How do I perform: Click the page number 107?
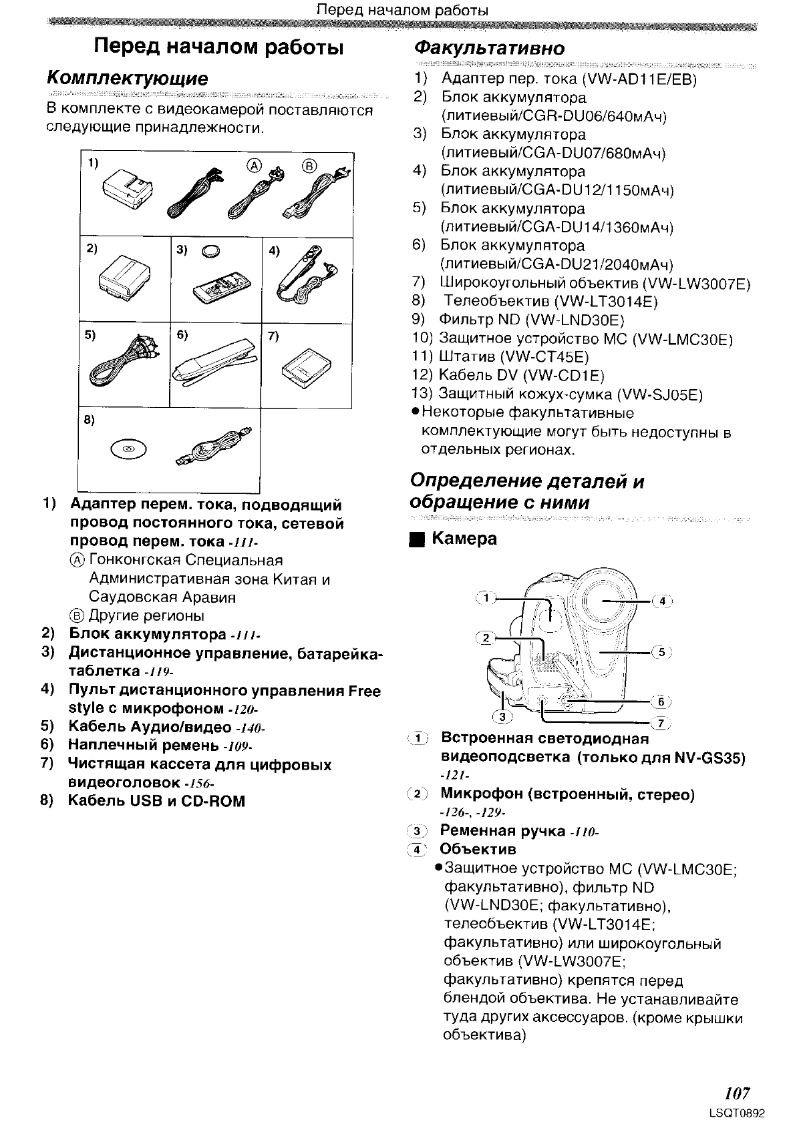(x=737, y=1093)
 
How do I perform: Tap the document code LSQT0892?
(x=738, y=1113)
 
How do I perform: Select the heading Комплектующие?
(x=128, y=79)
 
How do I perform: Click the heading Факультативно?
(x=489, y=49)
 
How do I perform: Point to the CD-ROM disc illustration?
(x=127, y=451)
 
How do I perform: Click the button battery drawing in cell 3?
(x=214, y=252)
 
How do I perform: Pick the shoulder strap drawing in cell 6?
(x=214, y=364)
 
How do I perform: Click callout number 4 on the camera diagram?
(x=661, y=601)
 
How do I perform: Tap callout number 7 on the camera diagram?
(x=661, y=723)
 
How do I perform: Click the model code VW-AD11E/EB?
(x=640, y=80)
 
